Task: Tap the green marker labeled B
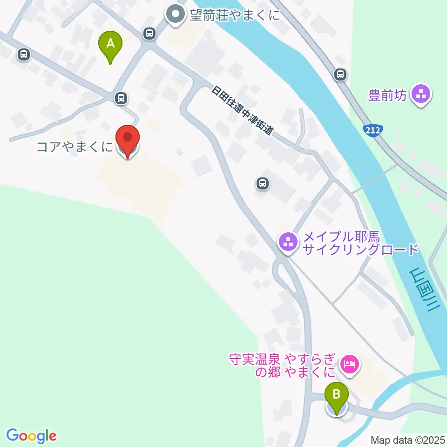tap(336, 397)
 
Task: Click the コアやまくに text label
tap(74, 148)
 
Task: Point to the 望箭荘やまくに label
tap(235, 15)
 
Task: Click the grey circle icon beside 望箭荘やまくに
tap(176, 14)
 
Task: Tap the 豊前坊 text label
tap(387, 95)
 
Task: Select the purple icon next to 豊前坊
tap(421, 95)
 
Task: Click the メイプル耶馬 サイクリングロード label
tap(360, 244)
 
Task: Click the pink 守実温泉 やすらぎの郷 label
tap(282, 366)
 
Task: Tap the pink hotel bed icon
tap(350, 363)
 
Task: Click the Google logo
tap(32, 436)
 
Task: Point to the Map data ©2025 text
tap(408, 440)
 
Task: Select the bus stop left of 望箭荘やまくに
tap(149, 33)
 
